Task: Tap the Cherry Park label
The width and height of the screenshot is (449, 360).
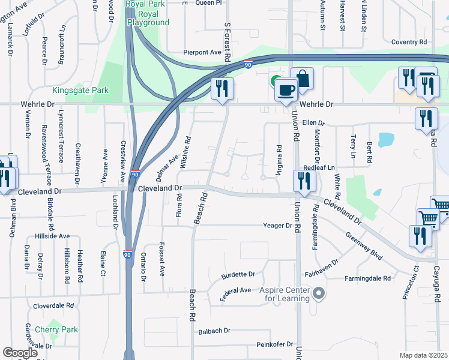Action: click(x=56, y=329)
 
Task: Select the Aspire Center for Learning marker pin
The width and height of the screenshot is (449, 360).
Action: click(x=319, y=294)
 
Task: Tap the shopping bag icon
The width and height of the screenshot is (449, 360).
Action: click(x=303, y=79)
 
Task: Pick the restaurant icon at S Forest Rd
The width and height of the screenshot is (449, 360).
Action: click(x=222, y=89)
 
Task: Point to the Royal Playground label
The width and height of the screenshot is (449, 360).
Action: click(x=148, y=23)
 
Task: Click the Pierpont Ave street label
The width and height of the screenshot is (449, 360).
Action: click(x=203, y=52)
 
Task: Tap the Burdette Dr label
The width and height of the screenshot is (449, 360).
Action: click(x=238, y=275)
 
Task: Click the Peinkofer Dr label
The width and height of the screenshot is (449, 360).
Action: click(x=274, y=344)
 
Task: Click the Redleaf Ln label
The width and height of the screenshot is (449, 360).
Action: click(x=318, y=168)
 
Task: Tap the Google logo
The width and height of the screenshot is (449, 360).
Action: click(x=20, y=353)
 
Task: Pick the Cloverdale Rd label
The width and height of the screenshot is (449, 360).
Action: click(x=53, y=305)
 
